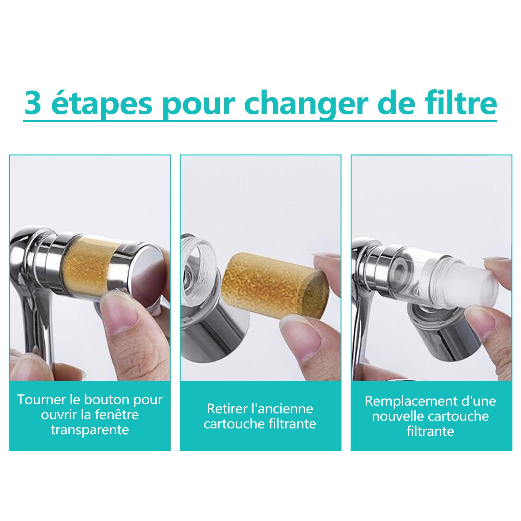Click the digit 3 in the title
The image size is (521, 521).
click(x=33, y=103)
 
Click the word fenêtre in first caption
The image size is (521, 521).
click(x=117, y=415)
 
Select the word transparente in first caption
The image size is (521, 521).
click(x=90, y=430)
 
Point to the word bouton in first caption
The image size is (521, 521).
click(x=103, y=400)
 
